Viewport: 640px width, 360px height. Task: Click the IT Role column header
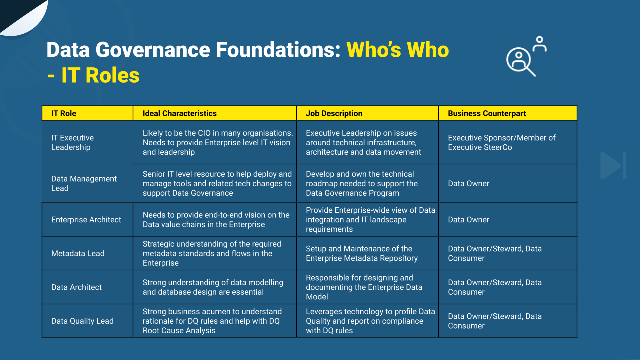point(64,113)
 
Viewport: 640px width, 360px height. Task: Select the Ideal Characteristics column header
point(179,113)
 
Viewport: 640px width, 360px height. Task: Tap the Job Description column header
point(334,113)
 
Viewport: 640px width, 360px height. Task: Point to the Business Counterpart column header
point(487,113)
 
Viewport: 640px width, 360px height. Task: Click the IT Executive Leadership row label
point(72,142)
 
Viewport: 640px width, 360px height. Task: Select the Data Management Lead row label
point(84,183)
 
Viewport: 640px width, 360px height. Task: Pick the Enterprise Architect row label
point(86,220)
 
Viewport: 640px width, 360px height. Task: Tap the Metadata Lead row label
point(78,253)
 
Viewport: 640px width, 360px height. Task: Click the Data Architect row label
point(76,287)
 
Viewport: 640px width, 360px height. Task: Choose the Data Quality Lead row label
point(82,321)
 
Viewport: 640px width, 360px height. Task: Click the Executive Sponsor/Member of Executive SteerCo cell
point(501,142)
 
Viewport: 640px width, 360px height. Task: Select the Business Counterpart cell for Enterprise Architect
point(468,220)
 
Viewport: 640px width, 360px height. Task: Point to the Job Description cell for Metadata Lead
point(361,253)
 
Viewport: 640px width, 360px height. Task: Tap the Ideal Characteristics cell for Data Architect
point(213,287)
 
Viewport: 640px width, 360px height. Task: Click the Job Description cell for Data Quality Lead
point(370,321)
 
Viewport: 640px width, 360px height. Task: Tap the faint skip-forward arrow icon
point(613,166)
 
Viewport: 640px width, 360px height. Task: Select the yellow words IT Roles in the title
point(100,75)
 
